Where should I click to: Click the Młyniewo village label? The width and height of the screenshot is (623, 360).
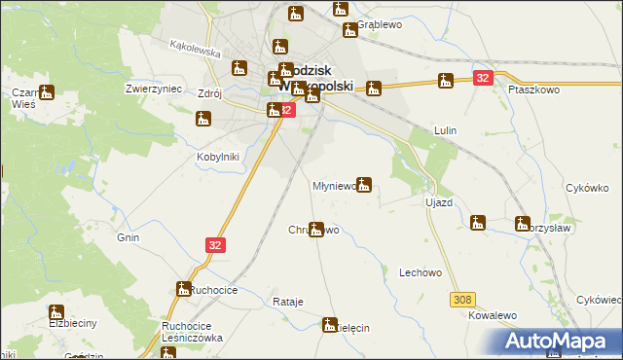pos(333,185)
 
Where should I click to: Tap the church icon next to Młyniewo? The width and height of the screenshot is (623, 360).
pos(364,183)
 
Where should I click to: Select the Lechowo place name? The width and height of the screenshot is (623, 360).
pos(421,273)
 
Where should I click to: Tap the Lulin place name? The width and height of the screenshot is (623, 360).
pos(446,129)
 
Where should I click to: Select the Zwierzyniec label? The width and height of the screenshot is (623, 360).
pos(155,88)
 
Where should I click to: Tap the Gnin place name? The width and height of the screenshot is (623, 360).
pos(128,237)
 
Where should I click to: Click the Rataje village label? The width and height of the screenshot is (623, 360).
pos(288,302)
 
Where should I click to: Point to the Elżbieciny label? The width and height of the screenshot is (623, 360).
pos(69,322)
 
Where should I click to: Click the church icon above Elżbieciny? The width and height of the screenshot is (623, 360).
pos(56,313)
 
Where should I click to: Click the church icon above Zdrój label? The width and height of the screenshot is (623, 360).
pos(240,68)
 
